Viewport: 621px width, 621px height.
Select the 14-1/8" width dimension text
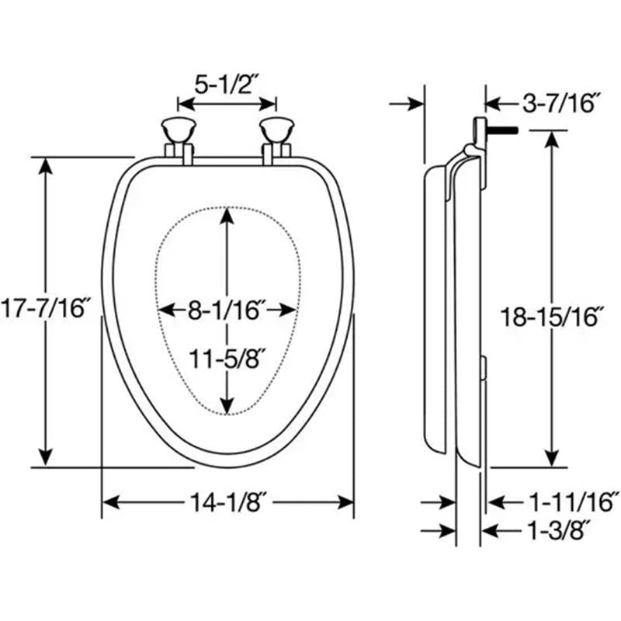(x=227, y=502)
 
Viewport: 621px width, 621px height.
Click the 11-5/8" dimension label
(x=227, y=359)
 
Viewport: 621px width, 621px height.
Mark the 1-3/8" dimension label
(x=557, y=530)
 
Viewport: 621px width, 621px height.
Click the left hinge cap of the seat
(x=179, y=130)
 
